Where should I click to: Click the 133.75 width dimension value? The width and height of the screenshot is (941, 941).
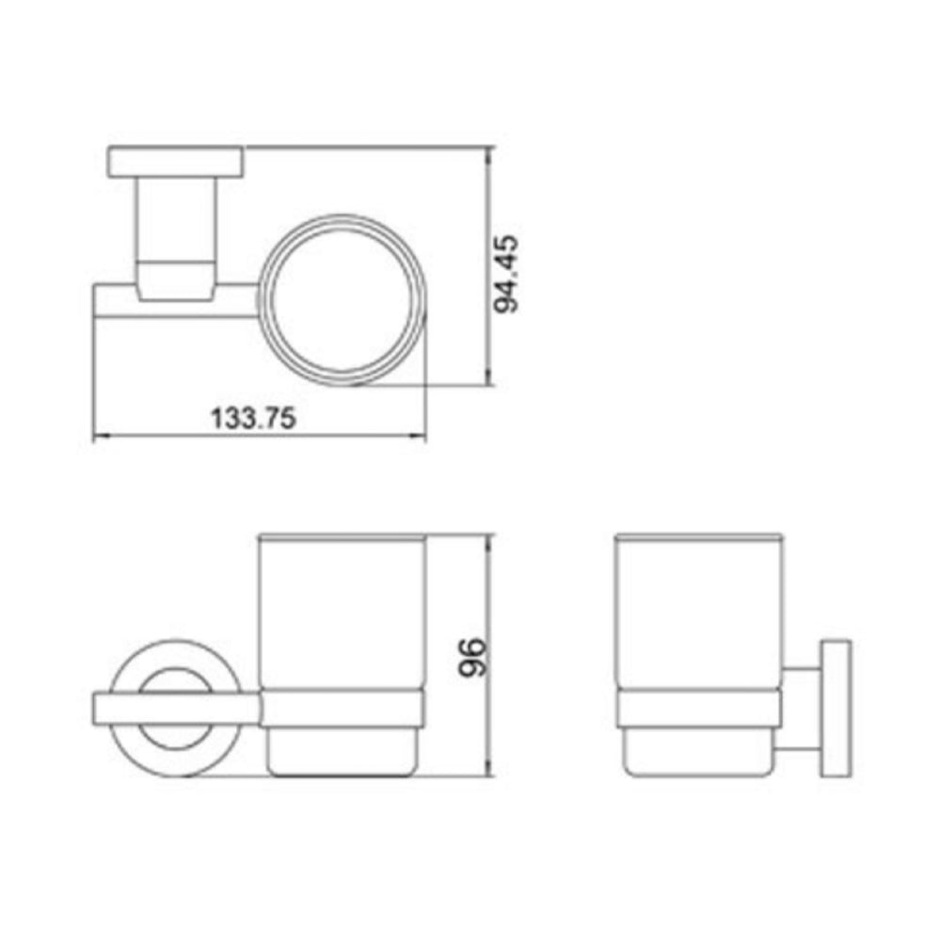coord(253,418)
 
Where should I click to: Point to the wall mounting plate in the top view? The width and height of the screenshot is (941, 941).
coord(176,161)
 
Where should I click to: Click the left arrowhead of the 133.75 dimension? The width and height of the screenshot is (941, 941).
coord(98,437)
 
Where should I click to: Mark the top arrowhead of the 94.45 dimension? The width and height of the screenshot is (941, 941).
coord(488,153)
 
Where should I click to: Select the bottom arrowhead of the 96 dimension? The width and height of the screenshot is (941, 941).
coord(488,771)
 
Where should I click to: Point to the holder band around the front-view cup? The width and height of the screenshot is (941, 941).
coord(343,709)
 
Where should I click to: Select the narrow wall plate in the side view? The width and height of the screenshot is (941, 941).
coord(835,709)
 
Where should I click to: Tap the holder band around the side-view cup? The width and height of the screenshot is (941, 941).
coord(697,709)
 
